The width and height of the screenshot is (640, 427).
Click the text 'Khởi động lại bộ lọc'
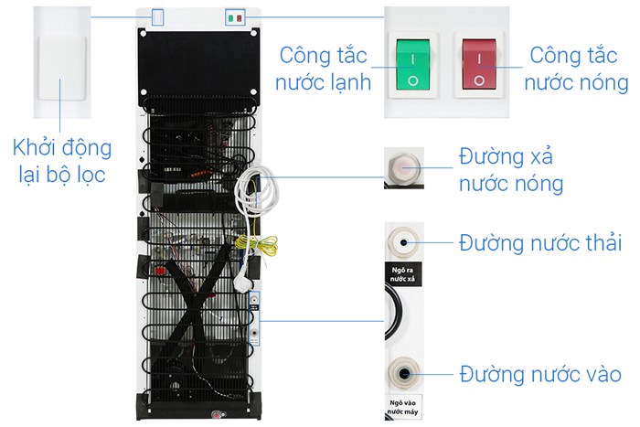[x=62, y=161]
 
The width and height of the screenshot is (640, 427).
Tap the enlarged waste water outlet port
[x=403, y=243]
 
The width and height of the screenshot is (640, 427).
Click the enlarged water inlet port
[x=403, y=373]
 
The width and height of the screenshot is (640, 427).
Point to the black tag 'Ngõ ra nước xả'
[x=403, y=274]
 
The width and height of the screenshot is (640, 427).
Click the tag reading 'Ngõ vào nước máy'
[x=403, y=406]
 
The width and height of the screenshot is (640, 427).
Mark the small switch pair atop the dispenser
[x=235, y=17]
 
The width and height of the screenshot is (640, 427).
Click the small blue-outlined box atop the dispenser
[x=158, y=17]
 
